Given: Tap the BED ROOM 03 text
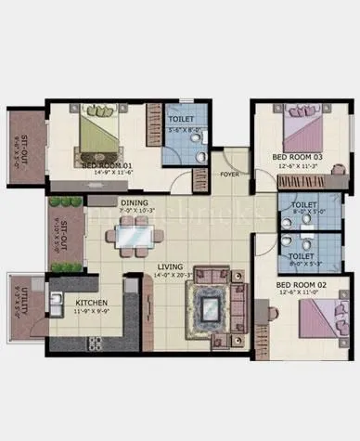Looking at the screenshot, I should tap(297, 158).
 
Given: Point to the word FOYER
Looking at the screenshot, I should tap(229, 174).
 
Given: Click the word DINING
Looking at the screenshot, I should tap(134, 201).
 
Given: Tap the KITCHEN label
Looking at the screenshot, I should tap(92, 303).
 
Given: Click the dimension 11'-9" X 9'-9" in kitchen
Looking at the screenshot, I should tap(92, 312).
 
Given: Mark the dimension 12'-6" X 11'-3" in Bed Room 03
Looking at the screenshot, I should tap(297, 167).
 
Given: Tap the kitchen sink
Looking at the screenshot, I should tap(57, 301).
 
